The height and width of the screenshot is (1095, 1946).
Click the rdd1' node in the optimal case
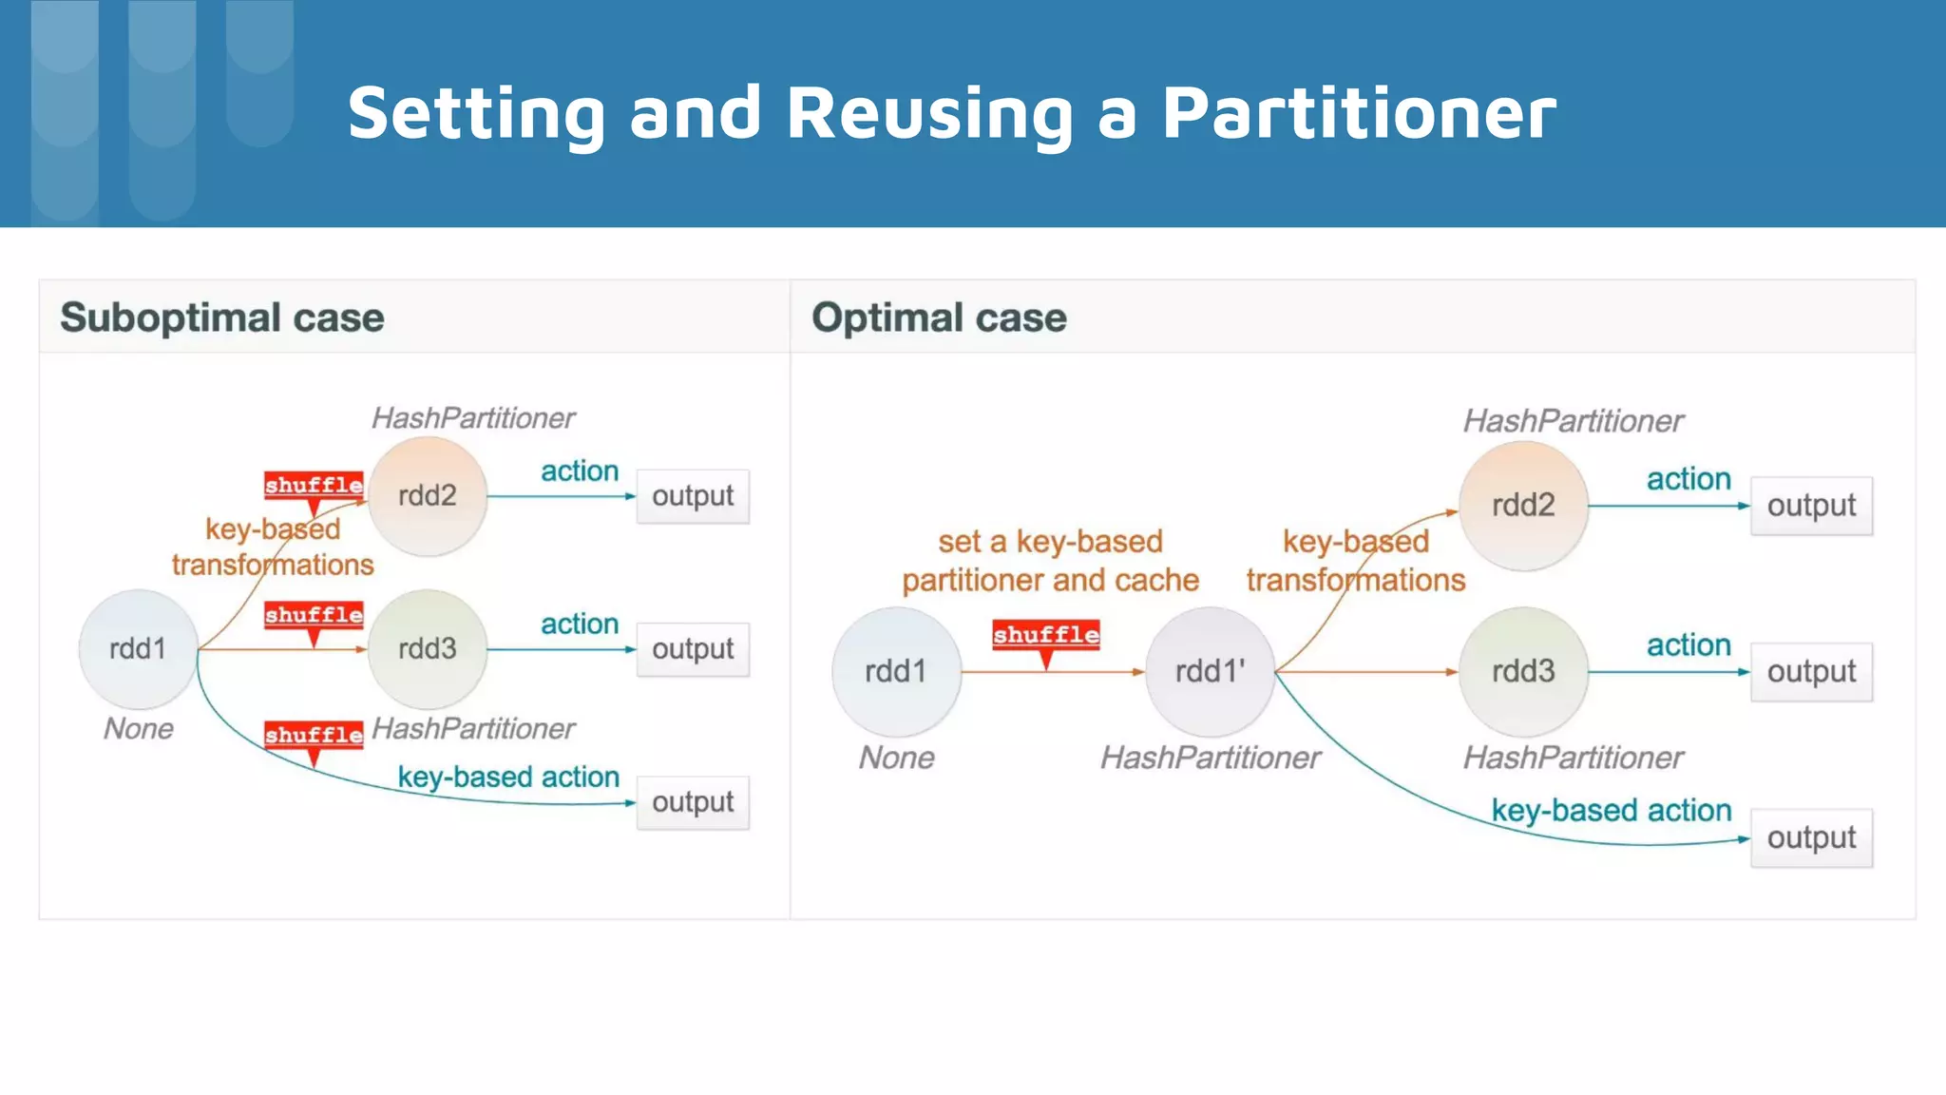1210,672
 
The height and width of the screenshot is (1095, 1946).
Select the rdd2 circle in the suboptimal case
428,496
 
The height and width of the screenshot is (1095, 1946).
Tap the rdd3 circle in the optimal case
1523,672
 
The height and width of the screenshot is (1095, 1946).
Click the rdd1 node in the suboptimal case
138,649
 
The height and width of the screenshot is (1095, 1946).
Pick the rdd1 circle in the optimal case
896,672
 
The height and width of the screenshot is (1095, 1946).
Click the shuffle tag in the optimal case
1045,635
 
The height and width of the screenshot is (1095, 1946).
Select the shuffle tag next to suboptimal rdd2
314,485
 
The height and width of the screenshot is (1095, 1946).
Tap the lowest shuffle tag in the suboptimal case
314,735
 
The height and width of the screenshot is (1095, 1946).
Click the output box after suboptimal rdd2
693,496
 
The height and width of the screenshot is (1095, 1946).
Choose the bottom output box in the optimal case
1811,838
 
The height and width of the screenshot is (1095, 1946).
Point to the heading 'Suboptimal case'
222,317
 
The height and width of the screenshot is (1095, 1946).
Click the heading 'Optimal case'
939,317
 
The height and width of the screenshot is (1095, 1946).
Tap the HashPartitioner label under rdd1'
1210,758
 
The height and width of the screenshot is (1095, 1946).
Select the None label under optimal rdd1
896,758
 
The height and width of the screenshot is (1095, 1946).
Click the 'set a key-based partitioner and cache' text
1050,561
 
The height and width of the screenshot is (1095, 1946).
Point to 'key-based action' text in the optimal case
1611,810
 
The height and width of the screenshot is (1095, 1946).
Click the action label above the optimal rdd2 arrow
1688,479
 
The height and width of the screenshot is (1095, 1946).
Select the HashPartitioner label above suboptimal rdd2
473,418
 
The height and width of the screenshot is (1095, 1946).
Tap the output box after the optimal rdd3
1811,672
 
